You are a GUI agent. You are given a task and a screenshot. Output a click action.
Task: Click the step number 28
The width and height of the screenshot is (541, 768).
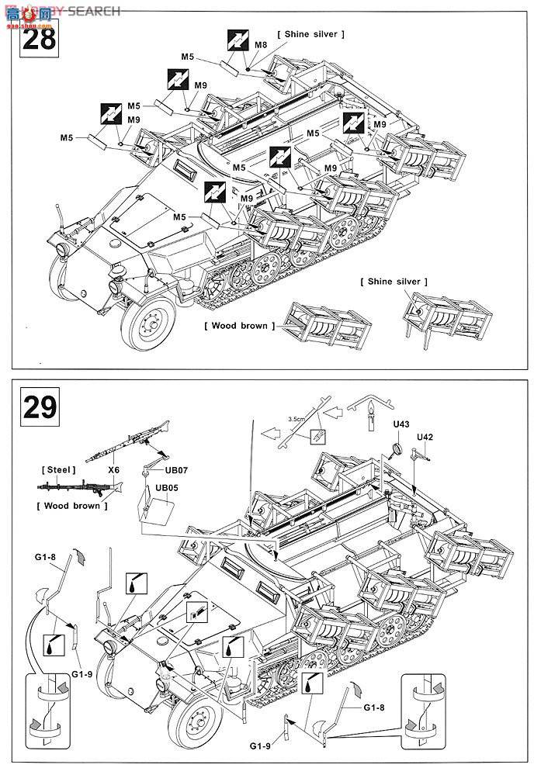tap(38, 36)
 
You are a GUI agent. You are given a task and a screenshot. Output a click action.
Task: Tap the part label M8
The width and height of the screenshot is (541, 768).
tap(261, 46)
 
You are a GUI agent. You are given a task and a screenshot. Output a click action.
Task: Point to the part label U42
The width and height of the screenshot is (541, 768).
tap(425, 438)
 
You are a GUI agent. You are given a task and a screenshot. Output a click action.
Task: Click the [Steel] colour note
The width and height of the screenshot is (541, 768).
tap(58, 470)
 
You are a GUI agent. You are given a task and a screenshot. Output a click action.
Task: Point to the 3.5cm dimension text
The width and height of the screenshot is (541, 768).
tap(296, 420)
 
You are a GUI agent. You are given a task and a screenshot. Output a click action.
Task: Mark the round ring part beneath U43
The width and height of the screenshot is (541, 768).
tap(396, 448)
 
